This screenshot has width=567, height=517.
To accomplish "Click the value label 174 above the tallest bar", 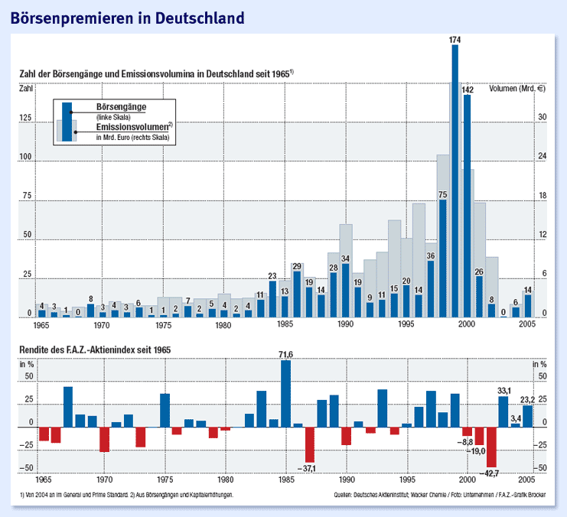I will (455, 39).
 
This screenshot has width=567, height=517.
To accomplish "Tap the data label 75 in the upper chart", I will (442, 194).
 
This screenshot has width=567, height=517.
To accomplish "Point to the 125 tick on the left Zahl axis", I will (27, 119).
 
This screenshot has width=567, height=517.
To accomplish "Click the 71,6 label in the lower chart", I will (285, 354).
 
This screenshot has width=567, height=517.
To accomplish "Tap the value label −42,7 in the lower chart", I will (490, 473).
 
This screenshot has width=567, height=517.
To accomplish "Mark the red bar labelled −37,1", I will (310, 444).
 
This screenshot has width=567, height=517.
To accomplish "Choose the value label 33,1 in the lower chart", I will (503, 391).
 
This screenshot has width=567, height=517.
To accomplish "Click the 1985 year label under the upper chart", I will (285, 325).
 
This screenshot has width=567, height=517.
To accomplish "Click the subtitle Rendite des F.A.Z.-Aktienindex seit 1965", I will (96, 350).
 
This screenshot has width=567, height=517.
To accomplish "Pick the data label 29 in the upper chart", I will (297, 265).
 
